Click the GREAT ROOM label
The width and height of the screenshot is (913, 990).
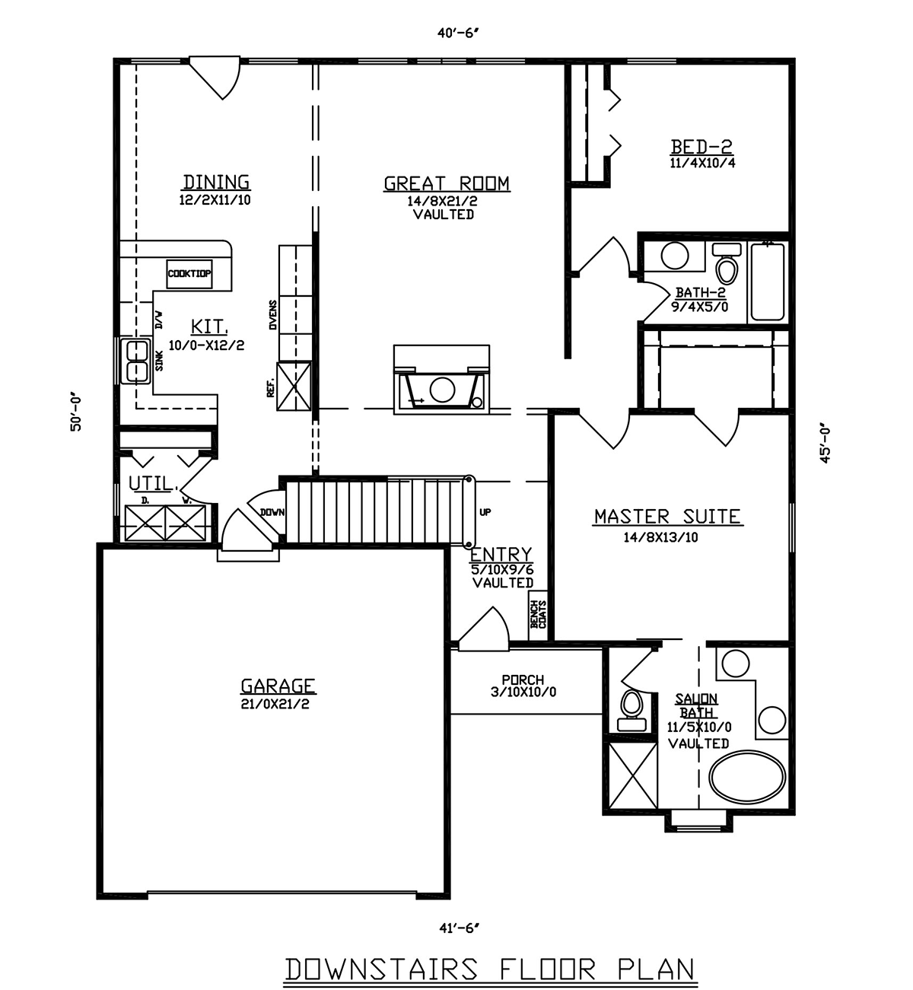coord(447,184)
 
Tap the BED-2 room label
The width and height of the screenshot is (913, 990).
coord(701,147)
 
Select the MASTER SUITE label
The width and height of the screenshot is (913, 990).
coord(668,517)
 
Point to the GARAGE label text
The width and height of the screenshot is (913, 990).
coord(278,686)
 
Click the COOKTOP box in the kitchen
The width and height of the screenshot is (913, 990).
coord(189,274)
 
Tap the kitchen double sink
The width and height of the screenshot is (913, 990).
coord(135,361)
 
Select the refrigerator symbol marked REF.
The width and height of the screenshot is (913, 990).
coord(294,387)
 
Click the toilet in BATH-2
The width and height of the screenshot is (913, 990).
coord(727,263)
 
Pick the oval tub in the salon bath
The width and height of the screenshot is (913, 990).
coord(746,778)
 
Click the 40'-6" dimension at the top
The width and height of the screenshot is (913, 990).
coord(458,33)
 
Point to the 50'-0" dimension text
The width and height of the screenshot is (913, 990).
coord(76,414)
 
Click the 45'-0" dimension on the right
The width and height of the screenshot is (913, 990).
coord(826,445)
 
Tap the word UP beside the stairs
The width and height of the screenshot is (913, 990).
coord(485,512)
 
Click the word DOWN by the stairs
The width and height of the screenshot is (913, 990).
coord(272,512)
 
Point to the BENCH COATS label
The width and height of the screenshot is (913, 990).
coord(539,615)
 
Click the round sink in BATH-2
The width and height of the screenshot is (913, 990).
coord(675,256)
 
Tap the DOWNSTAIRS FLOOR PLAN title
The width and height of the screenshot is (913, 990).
coord(490,969)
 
